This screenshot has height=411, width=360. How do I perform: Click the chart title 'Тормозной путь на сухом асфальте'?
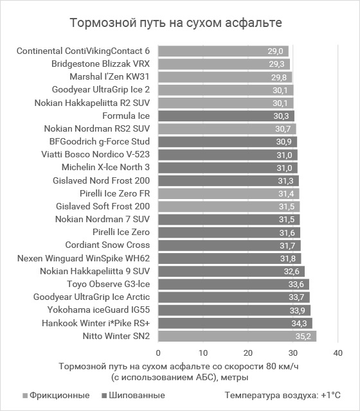click(x=175, y=22)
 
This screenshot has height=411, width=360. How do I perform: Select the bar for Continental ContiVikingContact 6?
click(x=223, y=51)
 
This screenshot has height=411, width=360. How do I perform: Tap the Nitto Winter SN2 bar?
click(x=237, y=336)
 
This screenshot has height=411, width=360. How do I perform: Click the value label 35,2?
click(x=303, y=336)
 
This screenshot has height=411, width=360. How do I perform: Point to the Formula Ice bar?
click(x=226, y=116)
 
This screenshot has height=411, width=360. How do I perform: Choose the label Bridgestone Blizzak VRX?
click(x=100, y=64)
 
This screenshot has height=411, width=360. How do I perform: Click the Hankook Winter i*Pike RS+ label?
click(x=96, y=323)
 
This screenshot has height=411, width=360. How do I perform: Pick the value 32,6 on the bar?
click(x=291, y=271)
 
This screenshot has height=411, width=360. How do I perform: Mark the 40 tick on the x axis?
click(x=338, y=353)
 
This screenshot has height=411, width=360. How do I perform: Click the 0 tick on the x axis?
click(x=158, y=353)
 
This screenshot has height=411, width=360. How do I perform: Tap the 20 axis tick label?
click(x=248, y=353)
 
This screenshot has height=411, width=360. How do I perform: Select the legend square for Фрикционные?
click(x=25, y=396)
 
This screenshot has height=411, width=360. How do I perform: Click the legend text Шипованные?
click(x=137, y=396)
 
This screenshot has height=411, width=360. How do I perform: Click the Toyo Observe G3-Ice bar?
click(x=233, y=284)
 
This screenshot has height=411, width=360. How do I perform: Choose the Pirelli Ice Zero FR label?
click(x=114, y=193)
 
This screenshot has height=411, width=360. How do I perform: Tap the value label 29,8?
click(x=279, y=77)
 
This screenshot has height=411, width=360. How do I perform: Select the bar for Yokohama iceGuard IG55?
click(x=234, y=310)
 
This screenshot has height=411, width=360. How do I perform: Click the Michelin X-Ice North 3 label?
click(x=105, y=167)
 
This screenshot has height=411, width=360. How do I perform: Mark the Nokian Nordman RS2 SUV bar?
click(x=227, y=128)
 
